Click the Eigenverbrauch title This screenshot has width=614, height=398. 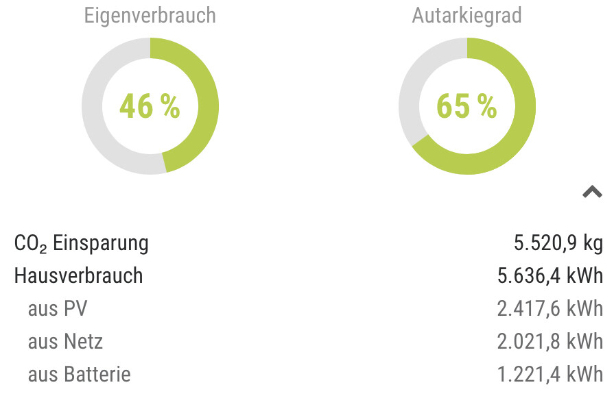tap(150, 15)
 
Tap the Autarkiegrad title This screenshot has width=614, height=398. tap(467, 15)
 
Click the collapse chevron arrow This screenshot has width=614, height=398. tap(592, 192)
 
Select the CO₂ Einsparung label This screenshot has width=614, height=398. tap(81, 243)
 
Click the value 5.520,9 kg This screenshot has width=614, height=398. tap(558, 243)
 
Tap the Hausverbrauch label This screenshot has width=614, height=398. tap(78, 276)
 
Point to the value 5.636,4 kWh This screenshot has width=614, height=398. tap(550, 276)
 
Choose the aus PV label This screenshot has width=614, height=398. tap(58, 309)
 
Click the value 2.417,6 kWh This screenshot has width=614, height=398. tap(550, 309)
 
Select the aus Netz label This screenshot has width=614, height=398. tap(65, 342)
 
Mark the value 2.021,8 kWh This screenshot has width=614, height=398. tap(550, 342)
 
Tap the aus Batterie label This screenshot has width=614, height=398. tap(79, 375)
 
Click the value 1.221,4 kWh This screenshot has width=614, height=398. tap(550, 375)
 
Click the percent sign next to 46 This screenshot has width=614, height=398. tap(170, 106)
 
